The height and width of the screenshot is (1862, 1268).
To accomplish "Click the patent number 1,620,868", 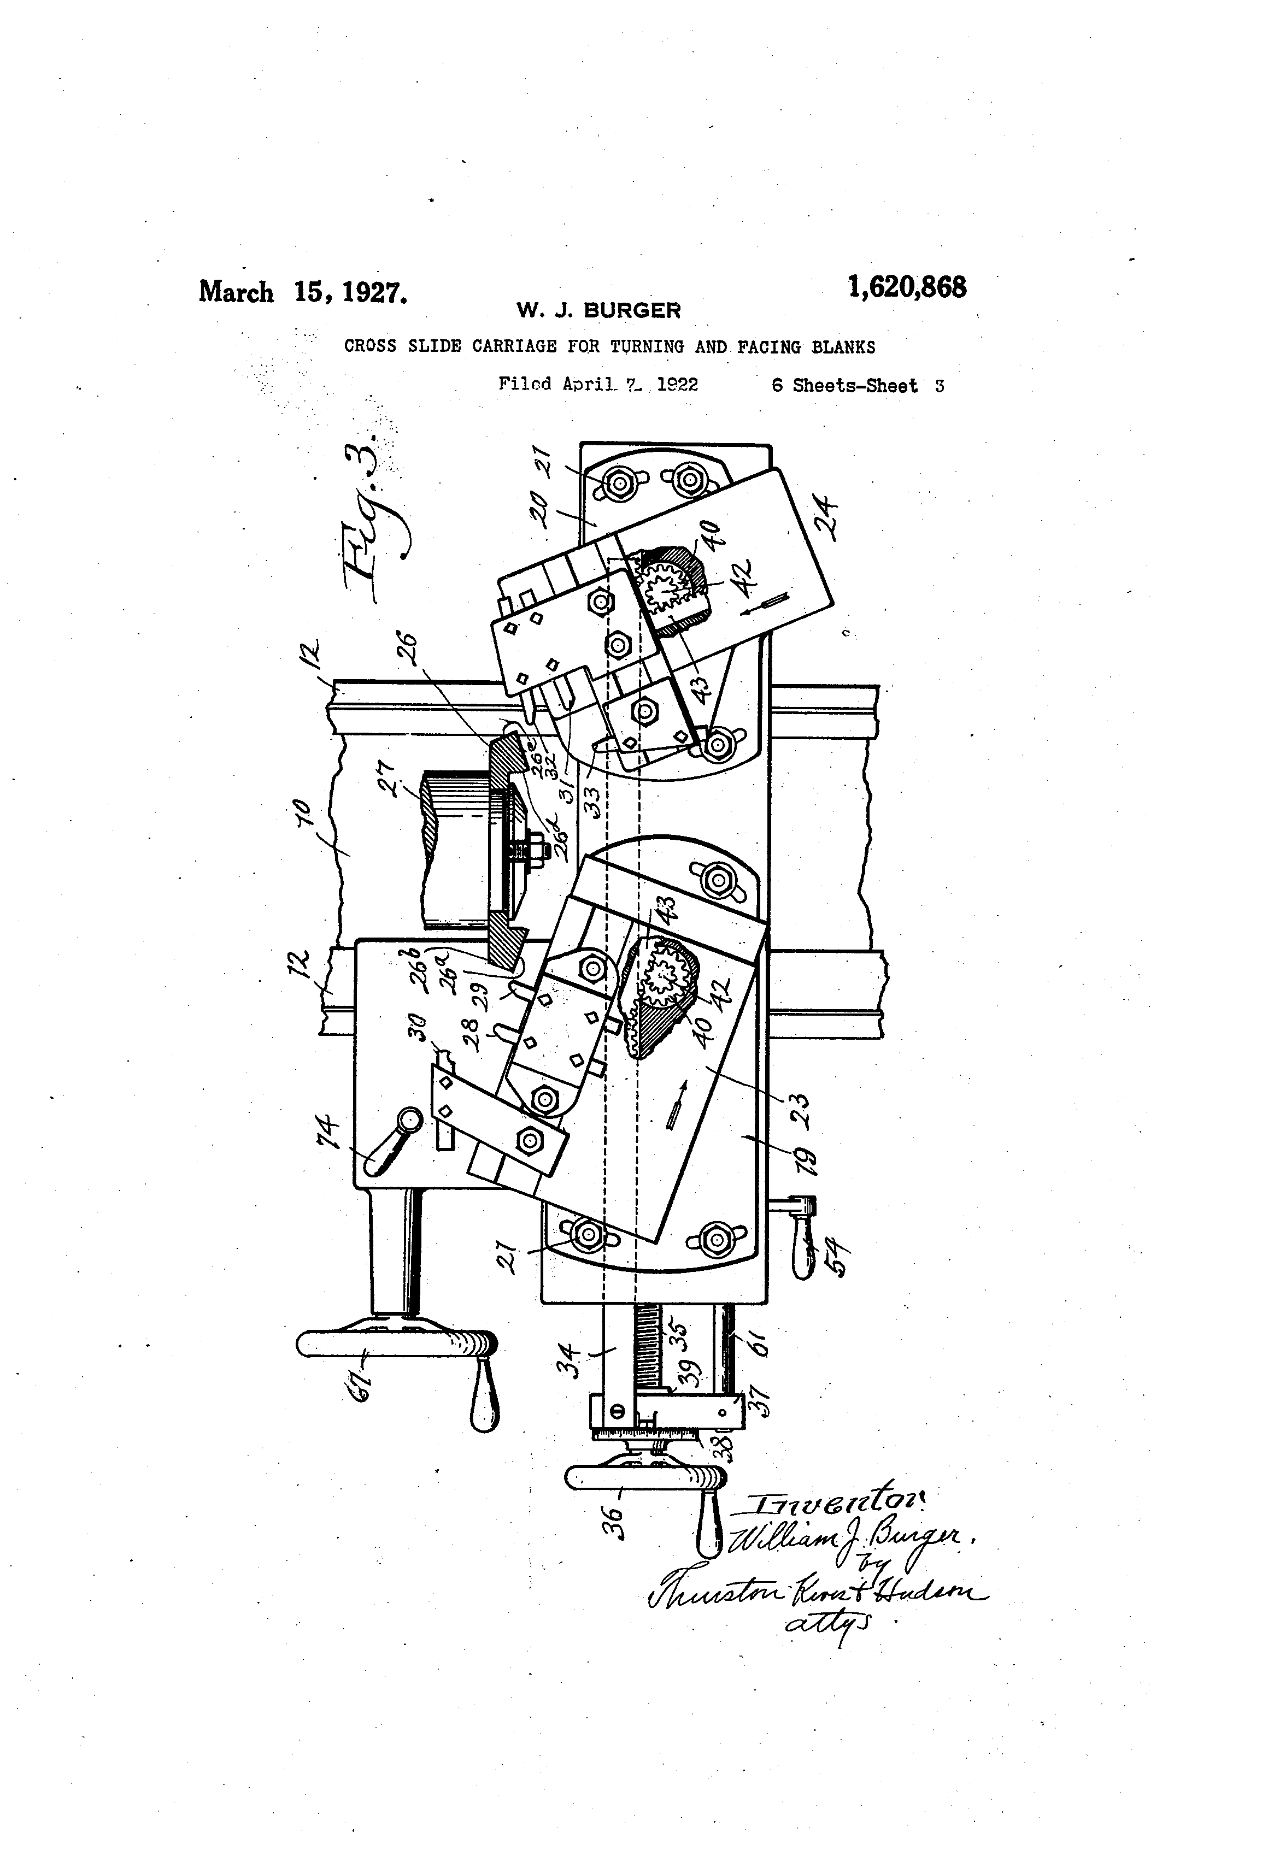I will [907, 287].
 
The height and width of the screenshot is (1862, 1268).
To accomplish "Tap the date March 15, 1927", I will [303, 292].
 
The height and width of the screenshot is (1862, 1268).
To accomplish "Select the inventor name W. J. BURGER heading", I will [598, 310].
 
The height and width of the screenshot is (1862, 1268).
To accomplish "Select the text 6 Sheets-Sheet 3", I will [857, 385].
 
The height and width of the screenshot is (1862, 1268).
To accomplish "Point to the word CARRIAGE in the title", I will [514, 347].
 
